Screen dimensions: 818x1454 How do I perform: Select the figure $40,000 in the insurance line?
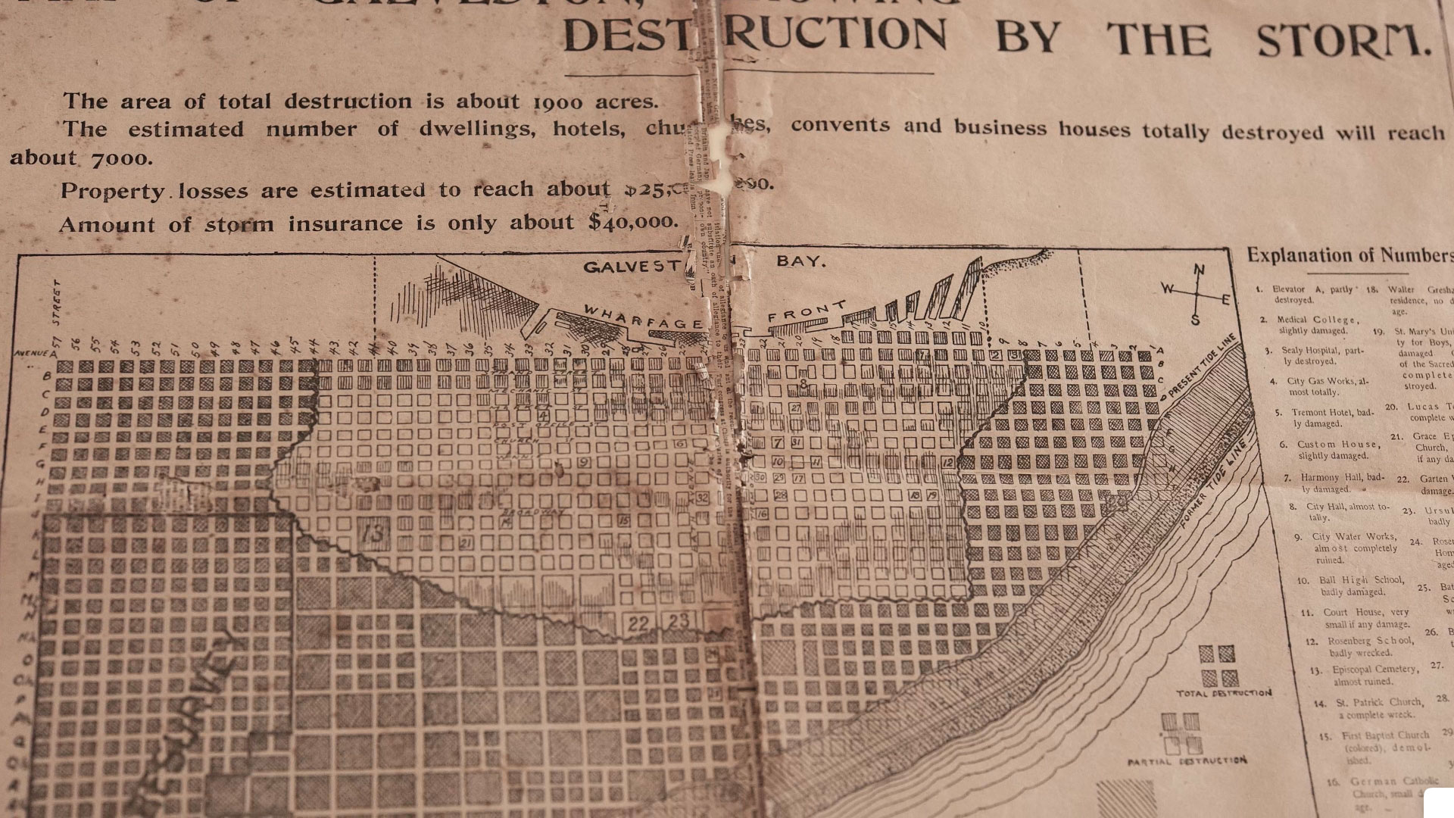pos(632,222)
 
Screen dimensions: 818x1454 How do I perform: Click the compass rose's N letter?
pos(1199,270)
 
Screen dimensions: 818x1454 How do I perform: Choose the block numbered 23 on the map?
pos(679,622)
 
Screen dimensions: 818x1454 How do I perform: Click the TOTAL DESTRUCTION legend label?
pos(1224,693)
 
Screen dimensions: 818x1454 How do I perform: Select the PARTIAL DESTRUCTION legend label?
pos(1187,760)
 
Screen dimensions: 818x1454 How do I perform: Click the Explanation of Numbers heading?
pos(1349,256)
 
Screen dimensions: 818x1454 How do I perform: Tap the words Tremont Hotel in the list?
pos(1321,413)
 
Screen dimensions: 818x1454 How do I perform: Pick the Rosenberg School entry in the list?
pos(1359,641)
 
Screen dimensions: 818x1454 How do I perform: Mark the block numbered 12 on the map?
pos(947,463)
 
